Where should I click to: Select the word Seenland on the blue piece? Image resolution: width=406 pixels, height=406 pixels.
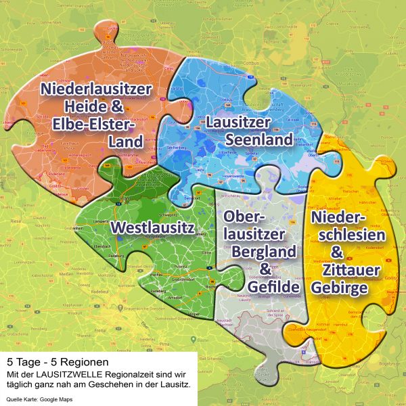pyautogui.click(x=259, y=139)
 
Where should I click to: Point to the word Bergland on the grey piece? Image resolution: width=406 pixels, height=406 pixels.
pyautogui.click(x=264, y=251)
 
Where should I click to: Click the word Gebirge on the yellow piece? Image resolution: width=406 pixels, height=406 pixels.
pyautogui.click(x=340, y=288)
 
